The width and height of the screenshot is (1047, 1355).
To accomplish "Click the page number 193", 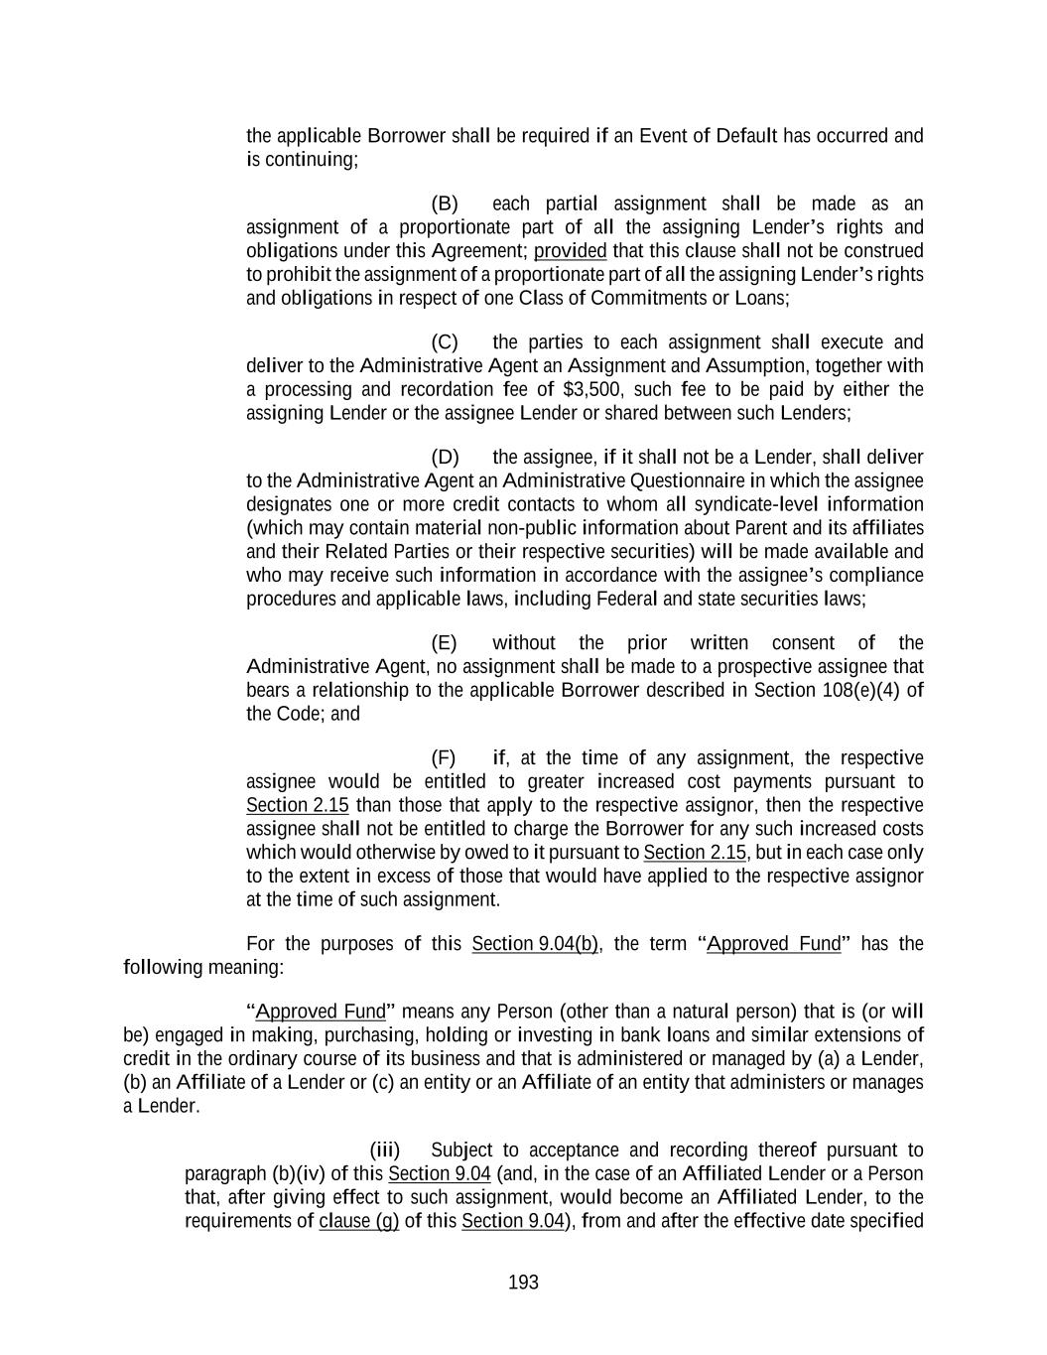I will (523, 1283).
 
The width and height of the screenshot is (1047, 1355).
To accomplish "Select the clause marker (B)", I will (445, 204).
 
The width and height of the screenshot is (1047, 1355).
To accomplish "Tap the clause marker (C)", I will (445, 342).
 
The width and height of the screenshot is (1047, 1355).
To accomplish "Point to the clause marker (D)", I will (445, 458).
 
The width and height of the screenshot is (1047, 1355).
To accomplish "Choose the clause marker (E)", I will (445, 643).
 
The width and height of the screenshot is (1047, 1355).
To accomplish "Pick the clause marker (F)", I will (444, 758).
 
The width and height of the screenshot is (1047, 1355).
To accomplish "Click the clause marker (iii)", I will (385, 1151).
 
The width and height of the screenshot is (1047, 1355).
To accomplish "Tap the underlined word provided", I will (570, 251).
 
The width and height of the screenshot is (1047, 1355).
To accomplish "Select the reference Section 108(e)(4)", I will (838, 690).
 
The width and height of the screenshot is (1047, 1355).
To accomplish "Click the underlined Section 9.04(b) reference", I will (535, 944).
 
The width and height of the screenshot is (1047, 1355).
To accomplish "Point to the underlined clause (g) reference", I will (358, 1221).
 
